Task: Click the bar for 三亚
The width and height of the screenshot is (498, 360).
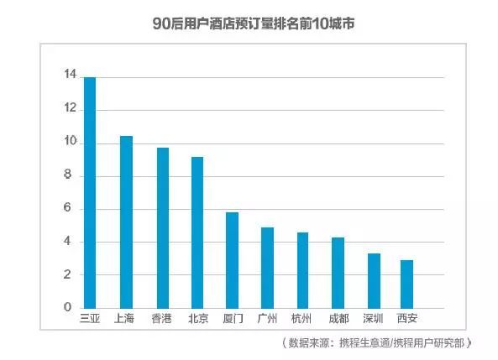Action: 90,192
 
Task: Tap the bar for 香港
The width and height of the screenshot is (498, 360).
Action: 161,227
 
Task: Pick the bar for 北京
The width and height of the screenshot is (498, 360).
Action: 197,232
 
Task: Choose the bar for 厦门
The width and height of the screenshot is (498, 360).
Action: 232,260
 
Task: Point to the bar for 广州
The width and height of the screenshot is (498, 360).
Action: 267,268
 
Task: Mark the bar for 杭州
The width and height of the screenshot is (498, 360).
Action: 301,270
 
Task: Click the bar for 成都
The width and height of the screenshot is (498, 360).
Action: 337,273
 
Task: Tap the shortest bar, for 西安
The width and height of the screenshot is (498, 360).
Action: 406,284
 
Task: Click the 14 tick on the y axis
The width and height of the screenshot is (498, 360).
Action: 69,76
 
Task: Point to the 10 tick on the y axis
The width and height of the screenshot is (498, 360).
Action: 69,143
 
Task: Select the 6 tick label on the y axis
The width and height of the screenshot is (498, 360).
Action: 71,209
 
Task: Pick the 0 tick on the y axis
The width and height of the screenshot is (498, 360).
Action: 71,308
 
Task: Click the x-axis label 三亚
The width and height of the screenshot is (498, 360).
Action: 90,319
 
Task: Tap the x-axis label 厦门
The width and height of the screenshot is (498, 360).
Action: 232,319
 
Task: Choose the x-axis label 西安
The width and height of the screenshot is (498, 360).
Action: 406,319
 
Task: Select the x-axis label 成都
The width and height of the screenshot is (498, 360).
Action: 337,319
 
